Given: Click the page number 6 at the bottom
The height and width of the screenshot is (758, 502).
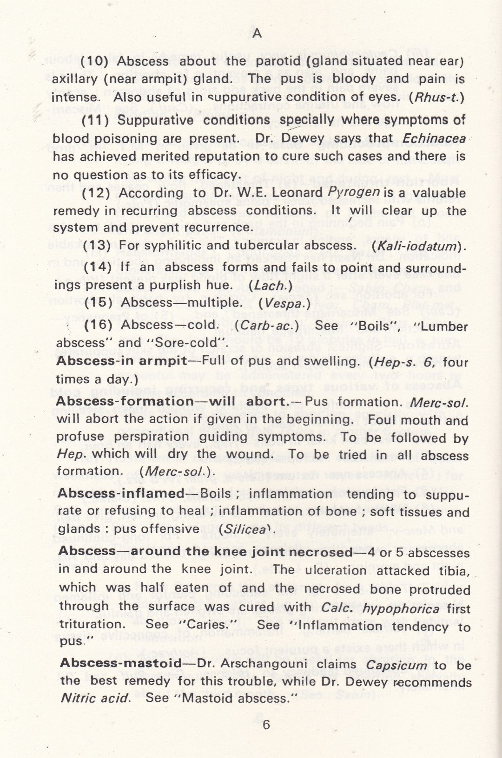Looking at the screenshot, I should coord(266,725).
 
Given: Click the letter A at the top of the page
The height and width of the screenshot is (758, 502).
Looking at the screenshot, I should coord(257,33).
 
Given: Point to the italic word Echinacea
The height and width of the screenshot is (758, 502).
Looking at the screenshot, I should coord(434,139).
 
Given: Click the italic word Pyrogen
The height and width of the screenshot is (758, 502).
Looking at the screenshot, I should coord(354,192).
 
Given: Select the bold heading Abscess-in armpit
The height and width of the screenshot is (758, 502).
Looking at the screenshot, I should coord(121,361).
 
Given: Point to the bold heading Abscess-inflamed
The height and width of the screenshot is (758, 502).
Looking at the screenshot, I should coord(120,493).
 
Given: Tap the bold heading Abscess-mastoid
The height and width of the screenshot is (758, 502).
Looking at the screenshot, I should coord(120,663).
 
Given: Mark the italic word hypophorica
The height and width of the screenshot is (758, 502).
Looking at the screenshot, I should coord(401,608).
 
